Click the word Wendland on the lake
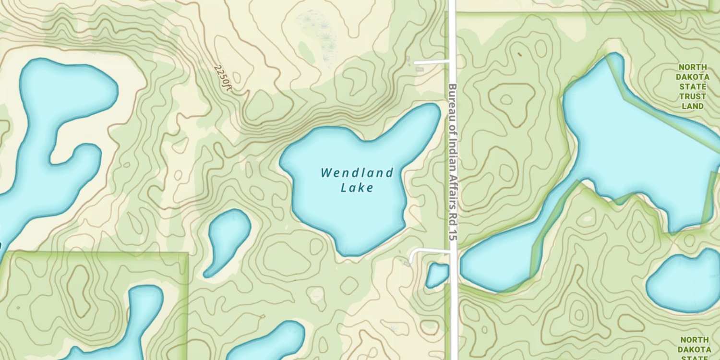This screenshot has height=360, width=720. click(357, 172)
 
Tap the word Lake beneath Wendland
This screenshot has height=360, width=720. click(357, 187)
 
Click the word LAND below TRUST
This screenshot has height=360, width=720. click(693, 106)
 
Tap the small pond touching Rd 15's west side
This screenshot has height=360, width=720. click(437, 275)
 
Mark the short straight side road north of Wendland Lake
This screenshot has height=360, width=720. click(431, 62)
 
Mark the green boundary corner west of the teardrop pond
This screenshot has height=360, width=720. click(187, 253)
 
